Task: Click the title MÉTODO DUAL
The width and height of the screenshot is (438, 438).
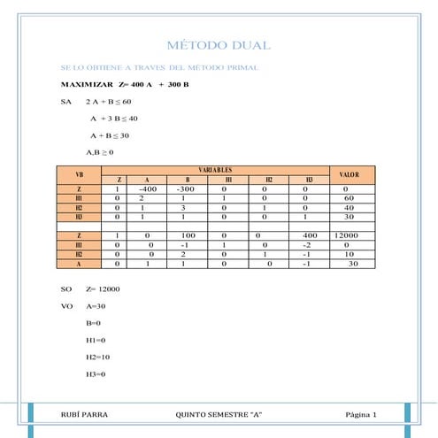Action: [x=219, y=45]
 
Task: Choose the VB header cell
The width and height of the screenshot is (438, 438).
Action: [x=79, y=173]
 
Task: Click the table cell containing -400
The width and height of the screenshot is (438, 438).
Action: [x=149, y=188]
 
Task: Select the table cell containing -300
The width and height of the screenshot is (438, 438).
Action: [x=185, y=188]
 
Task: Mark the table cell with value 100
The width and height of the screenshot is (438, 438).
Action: [x=188, y=235]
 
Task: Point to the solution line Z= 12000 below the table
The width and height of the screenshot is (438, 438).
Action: [x=103, y=289]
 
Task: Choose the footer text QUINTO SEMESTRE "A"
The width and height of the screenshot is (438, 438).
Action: [x=219, y=414]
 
